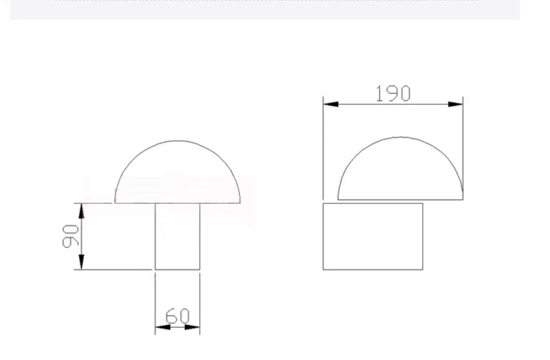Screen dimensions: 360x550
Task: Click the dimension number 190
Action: pos(393,94)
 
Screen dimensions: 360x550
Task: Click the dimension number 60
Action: pos(177,316)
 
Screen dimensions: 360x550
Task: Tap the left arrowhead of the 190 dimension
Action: pos(330,104)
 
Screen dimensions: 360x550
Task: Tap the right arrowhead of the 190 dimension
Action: pos(456,104)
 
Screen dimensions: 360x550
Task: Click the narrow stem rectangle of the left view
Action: pos(177,236)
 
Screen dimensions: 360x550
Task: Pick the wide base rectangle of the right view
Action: pos(373,236)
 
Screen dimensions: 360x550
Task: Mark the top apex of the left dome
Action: pos(178,141)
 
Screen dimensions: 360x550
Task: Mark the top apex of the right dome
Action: pos(401,137)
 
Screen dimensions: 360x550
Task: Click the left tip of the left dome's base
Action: pos(115,203)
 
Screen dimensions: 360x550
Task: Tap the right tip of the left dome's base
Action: pos(240,203)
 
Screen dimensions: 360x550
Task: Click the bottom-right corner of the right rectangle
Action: pos(423,270)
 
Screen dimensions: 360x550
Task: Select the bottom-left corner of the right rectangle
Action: pos(323,270)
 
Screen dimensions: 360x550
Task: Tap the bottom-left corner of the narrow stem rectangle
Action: pos(155,270)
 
